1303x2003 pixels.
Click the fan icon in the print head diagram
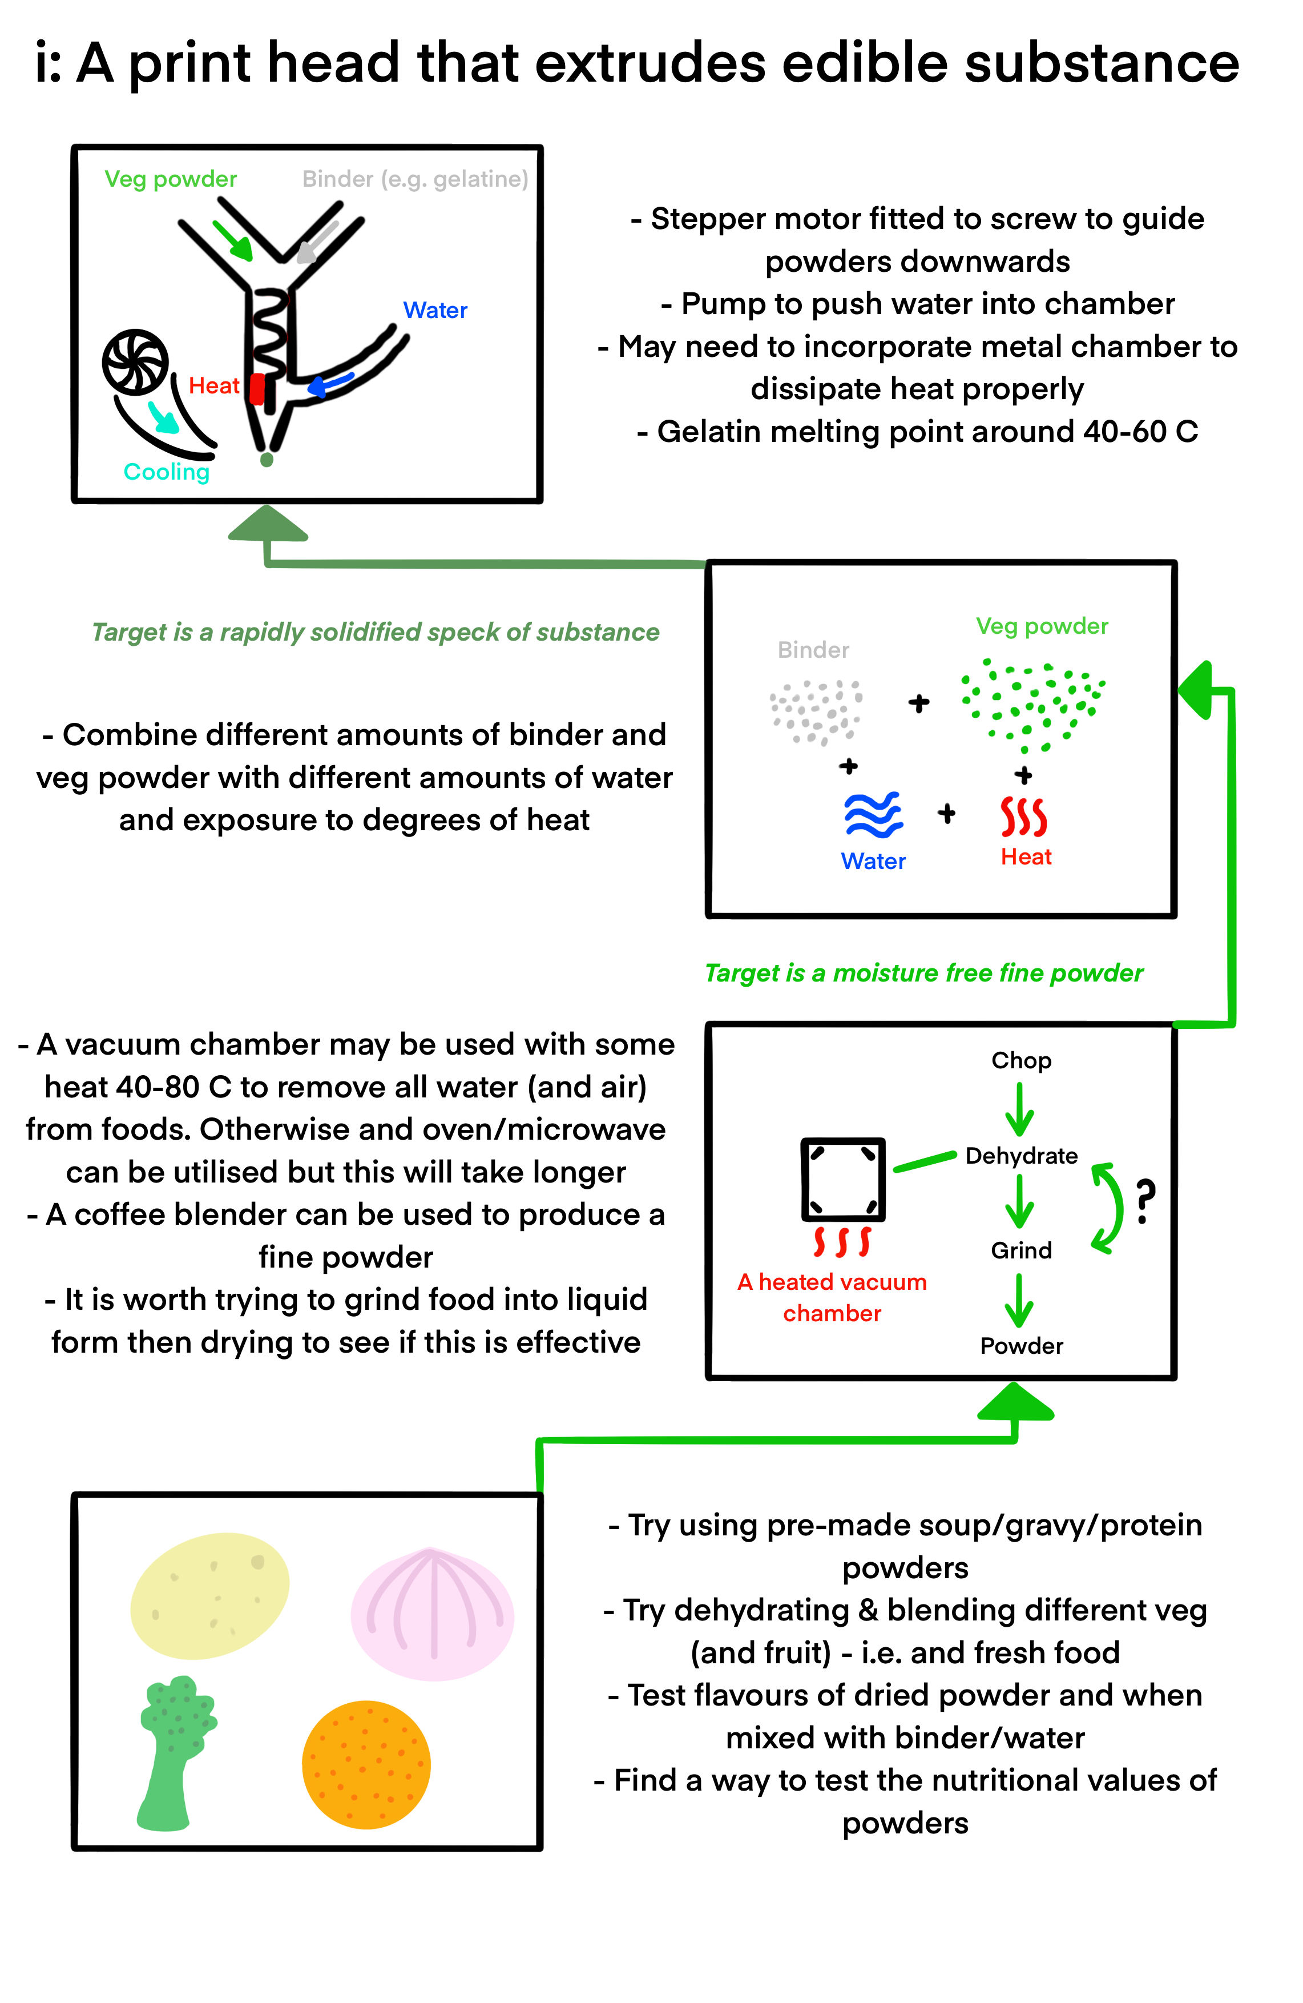[x=135, y=362]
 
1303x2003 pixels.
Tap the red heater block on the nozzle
[x=257, y=389]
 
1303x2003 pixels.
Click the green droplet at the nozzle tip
[x=267, y=460]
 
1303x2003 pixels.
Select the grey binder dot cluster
[x=814, y=711]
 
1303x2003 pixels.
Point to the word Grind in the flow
[x=1020, y=1250]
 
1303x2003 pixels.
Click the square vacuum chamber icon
[x=842, y=1179]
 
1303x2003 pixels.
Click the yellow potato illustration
[x=209, y=1595]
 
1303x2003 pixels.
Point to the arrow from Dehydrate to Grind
[x=1019, y=1202]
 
